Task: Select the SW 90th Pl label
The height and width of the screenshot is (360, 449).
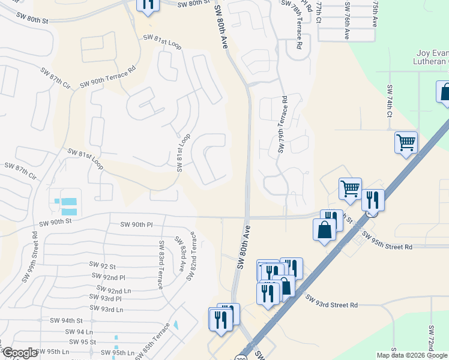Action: (x=137, y=224)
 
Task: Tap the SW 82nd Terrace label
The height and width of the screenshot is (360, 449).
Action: (x=192, y=256)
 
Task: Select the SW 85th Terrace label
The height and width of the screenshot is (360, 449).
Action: (x=153, y=341)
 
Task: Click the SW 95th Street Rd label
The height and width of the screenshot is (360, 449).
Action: (x=387, y=243)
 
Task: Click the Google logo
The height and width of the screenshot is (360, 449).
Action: (x=20, y=353)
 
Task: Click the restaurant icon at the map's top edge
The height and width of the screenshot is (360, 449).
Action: (x=146, y=5)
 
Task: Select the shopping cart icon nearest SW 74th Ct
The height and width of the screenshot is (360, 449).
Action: (x=406, y=143)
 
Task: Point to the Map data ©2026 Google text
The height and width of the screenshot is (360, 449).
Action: (x=412, y=355)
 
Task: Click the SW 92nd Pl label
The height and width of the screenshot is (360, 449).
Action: (x=109, y=277)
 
